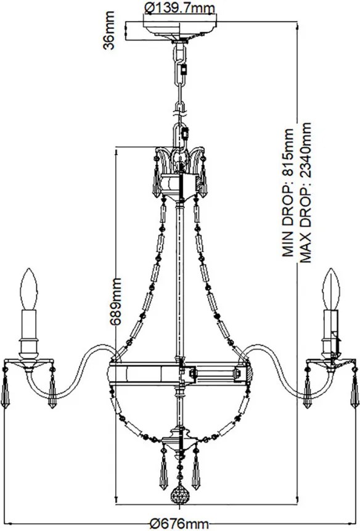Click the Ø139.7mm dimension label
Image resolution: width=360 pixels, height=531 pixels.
click(180, 7)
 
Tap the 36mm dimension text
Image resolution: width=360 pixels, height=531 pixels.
click(109, 30)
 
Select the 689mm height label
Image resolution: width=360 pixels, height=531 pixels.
click(116, 302)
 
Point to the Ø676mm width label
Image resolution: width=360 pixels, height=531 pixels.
click(179, 524)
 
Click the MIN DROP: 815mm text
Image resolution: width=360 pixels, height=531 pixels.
click(288, 192)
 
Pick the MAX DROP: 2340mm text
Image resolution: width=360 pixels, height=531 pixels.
click(306, 192)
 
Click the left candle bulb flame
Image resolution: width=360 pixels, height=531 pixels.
click(29, 289)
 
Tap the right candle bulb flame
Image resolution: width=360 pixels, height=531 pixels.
click(331, 289)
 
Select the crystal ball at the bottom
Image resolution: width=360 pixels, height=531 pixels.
click(179, 496)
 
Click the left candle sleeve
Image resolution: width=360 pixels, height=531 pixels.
click(29, 324)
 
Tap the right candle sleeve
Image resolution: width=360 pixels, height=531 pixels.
click(330, 324)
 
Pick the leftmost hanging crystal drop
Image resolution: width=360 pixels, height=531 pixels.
click(5, 391)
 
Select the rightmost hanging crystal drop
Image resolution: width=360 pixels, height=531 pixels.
click(354, 391)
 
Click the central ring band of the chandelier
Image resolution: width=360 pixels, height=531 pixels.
click(180, 373)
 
